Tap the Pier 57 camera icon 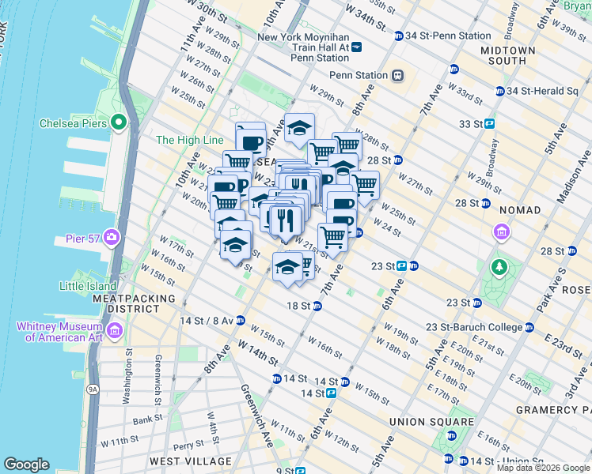point(112,236)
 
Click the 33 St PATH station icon point(490,124)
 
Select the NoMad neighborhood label point(520,210)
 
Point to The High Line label point(190,140)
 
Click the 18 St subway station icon point(317,306)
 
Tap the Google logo point(26,465)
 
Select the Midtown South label point(507,55)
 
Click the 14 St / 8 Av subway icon point(241,321)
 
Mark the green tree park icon point(499,265)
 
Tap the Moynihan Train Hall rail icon point(357,47)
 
